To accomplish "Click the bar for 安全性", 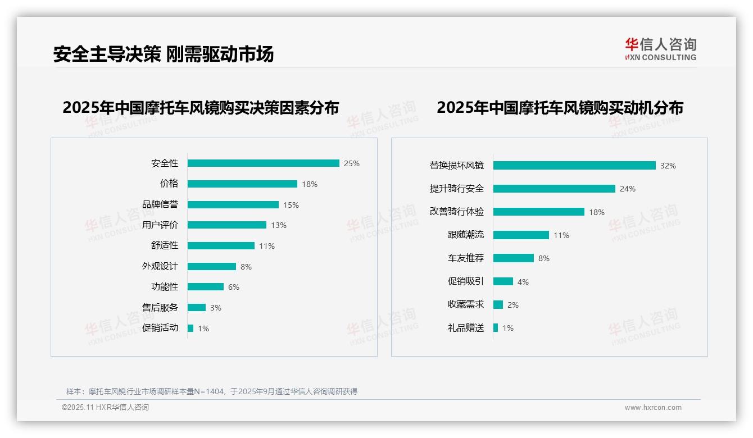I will tap(263, 163).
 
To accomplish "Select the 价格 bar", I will tap(242, 184).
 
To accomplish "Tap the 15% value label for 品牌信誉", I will tap(291, 205).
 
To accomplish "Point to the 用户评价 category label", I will tap(160, 225).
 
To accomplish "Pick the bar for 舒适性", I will tap(221, 246).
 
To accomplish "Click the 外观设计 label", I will tap(160, 266).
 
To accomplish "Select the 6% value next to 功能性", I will tap(234, 287).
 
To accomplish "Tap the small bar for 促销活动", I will tap(190, 328).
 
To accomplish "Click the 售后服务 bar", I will tap(197, 308).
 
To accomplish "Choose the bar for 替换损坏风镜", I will tap(574, 166).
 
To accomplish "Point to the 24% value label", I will tap(628, 189).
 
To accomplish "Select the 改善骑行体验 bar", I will tap(539, 212).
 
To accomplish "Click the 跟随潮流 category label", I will tap(465, 235).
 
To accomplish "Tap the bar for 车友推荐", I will tap(514, 258).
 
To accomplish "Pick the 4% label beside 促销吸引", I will tap(523, 281).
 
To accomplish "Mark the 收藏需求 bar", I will tap(498, 304).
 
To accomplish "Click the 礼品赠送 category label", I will tap(465, 328).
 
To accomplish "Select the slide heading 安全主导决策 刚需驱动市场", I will tap(164, 54).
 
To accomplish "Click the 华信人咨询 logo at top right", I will tap(660, 49).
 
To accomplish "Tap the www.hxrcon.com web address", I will tap(653, 408).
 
